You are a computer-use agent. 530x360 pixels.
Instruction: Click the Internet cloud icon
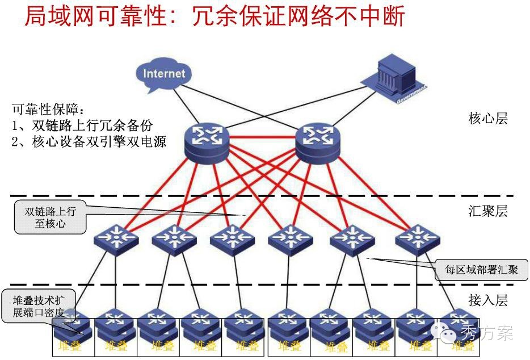pyautogui.click(x=164, y=74)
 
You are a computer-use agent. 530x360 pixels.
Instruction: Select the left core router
pyautogui.click(x=207, y=141)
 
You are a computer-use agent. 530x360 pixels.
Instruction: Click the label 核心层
pyautogui.click(x=487, y=119)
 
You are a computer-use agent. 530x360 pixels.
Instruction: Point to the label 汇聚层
pyautogui.click(x=487, y=212)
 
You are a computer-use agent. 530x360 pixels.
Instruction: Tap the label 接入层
pyautogui.click(x=487, y=300)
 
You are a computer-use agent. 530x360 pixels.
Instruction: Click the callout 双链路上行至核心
pyautogui.click(x=50, y=217)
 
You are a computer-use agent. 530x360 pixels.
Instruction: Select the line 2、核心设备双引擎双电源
pyautogui.click(x=89, y=142)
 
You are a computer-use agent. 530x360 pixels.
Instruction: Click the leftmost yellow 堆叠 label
pyautogui.click(x=70, y=345)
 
